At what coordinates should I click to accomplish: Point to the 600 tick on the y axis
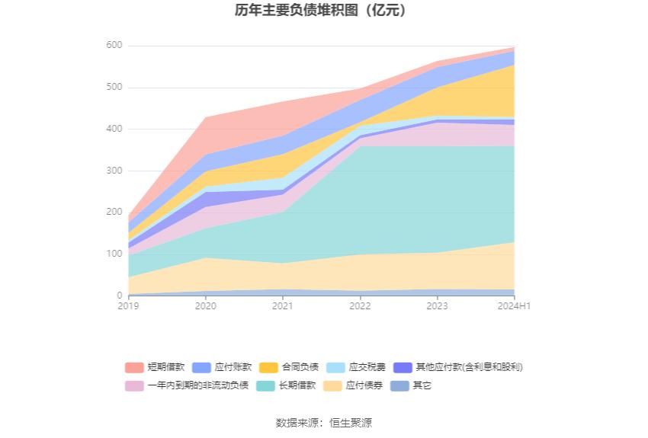point(114,46)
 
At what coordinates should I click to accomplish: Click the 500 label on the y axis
point(114,88)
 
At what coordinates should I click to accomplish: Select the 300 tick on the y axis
point(114,171)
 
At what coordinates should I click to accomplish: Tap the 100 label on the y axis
point(114,254)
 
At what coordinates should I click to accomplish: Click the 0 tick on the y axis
point(118,296)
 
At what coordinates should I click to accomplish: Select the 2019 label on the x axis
point(129,306)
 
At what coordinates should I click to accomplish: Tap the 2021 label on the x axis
point(283,306)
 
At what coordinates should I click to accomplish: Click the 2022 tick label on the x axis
point(360,306)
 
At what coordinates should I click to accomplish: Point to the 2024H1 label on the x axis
point(514,306)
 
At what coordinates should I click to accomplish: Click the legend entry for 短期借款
point(156,367)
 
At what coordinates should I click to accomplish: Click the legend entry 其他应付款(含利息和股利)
point(458,367)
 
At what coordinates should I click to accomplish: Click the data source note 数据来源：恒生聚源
point(324,423)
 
